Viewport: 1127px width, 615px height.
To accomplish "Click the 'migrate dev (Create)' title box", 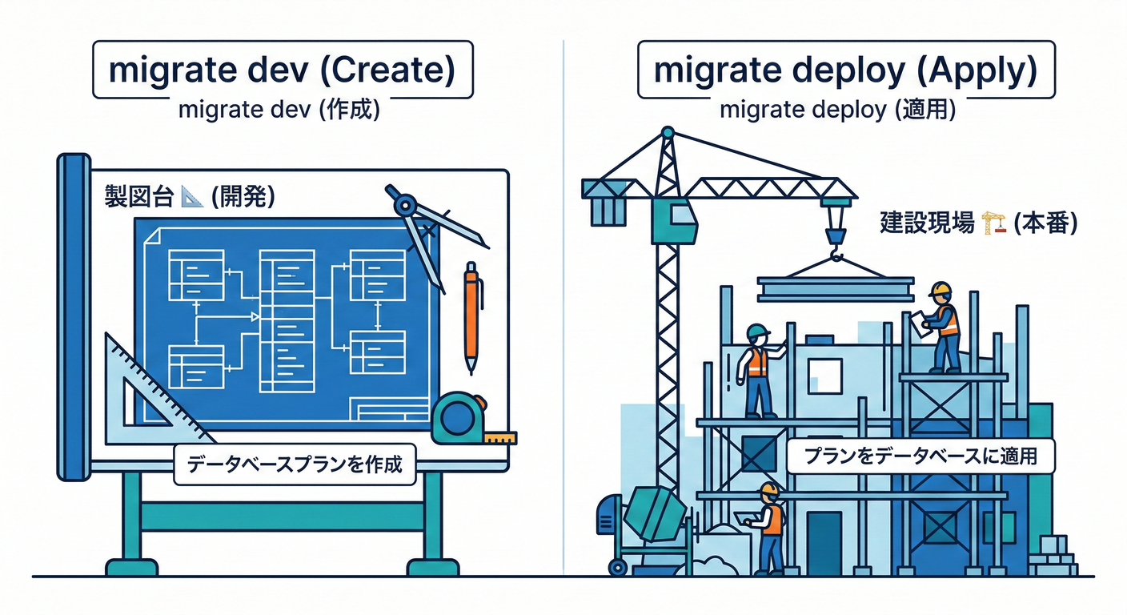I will click(x=282, y=70).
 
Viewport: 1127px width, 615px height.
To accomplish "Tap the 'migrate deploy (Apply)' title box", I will click(x=845, y=70).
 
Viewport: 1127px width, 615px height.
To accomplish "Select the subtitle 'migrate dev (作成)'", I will click(x=279, y=111).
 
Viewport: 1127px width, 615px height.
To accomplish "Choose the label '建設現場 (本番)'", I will click(x=977, y=223).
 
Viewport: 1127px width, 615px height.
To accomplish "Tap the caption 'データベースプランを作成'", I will click(x=295, y=465).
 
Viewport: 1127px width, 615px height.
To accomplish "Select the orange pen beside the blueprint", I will click(x=471, y=316).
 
